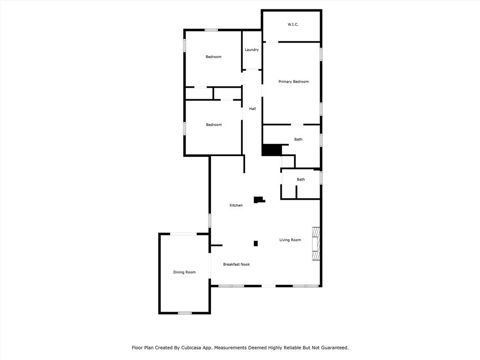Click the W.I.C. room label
point(293,24)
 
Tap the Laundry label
point(252,50)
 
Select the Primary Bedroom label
point(293,82)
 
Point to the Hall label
point(253,109)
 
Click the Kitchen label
point(236,205)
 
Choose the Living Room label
point(290,240)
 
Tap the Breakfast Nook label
point(236,264)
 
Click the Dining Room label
point(184,272)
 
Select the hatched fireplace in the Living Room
point(315,244)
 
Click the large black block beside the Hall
point(272,150)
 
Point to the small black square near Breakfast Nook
point(255,244)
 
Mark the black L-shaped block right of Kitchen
point(259,200)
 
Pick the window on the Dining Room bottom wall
point(185,313)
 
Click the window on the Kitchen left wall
point(210,220)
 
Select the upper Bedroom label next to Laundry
point(213,57)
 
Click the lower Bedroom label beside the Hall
point(214,125)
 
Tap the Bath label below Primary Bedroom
point(299,139)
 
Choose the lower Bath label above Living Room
point(300,180)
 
